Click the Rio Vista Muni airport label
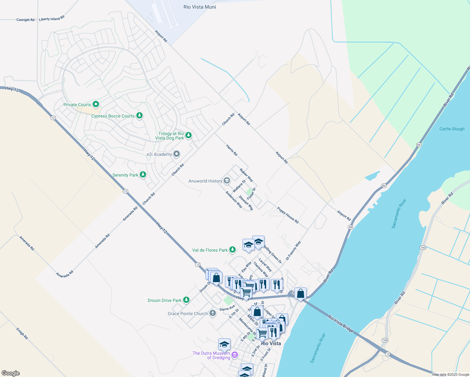[x=199, y=7]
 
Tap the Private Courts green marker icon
[x=96, y=104]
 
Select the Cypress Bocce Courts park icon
[x=139, y=116]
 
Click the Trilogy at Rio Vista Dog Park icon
[x=188, y=135]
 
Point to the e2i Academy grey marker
[x=177, y=154]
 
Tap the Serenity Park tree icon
[x=143, y=174]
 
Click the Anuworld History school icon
[x=227, y=181]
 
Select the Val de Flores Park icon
[x=232, y=250]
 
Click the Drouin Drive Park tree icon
[x=186, y=300]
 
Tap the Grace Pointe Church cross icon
[x=213, y=313]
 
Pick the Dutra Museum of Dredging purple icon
[x=235, y=355]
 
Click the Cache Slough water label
[x=452, y=129]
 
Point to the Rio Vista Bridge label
[x=341, y=324]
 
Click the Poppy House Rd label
[x=287, y=215]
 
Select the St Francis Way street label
[x=293, y=250]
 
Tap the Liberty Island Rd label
[x=52, y=19]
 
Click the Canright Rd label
[x=25, y=20]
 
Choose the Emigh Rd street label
[x=22, y=333]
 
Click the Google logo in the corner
[x=10, y=373]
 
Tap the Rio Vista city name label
[x=271, y=343]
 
